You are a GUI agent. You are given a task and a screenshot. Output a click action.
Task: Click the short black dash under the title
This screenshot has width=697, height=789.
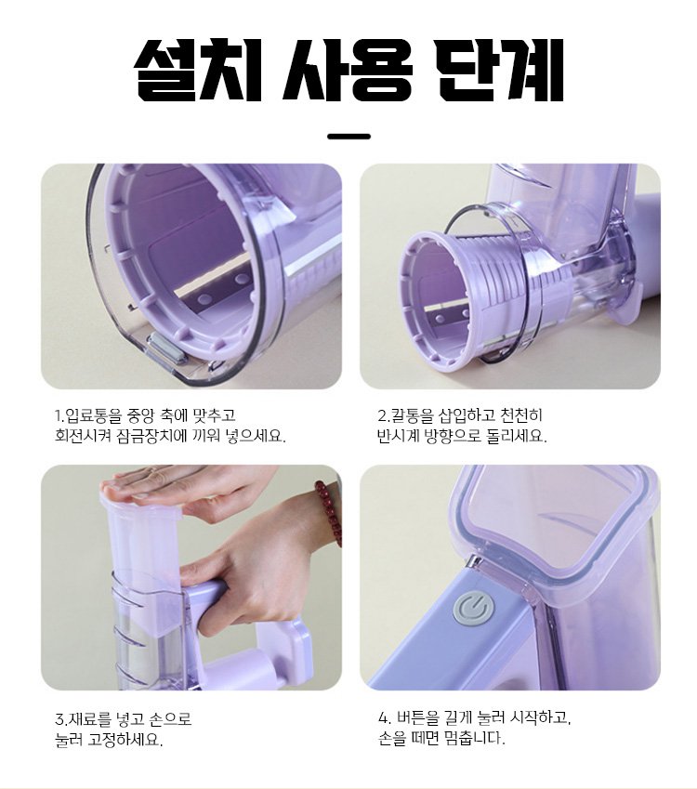348,137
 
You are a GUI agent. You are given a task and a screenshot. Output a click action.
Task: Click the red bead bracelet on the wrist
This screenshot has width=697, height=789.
327,512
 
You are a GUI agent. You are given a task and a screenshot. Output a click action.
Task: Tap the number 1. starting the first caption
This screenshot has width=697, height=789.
59,416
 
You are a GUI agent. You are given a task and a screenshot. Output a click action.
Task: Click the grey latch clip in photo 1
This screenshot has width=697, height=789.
167,348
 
